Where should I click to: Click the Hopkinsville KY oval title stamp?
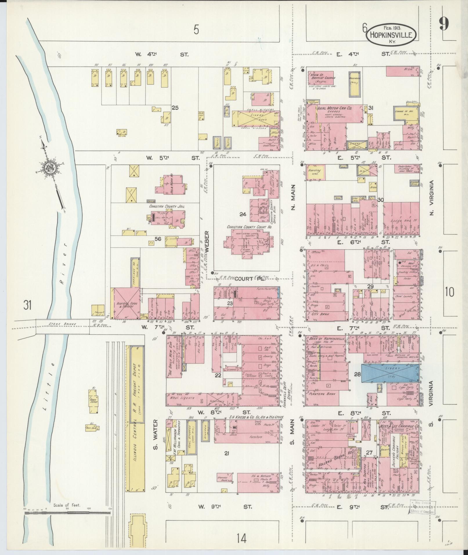coord(392,35)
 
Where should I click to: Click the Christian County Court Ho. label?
coord(249,227)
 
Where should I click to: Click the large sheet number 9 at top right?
coord(444,23)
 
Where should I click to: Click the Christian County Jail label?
coord(167,206)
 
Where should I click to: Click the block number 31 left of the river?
coord(28,305)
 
